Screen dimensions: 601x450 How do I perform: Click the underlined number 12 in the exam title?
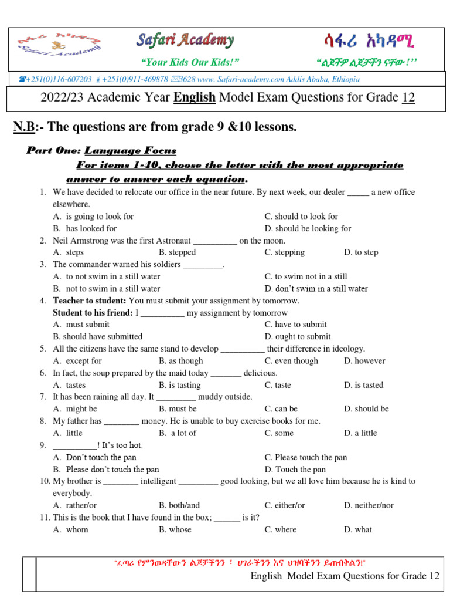(x=408, y=97)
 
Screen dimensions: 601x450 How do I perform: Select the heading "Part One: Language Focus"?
(x=101, y=151)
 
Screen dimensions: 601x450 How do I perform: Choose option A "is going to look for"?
(x=93, y=216)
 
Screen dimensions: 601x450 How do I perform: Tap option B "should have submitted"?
(x=97, y=336)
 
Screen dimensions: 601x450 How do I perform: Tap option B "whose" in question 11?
(x=175, y=529)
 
